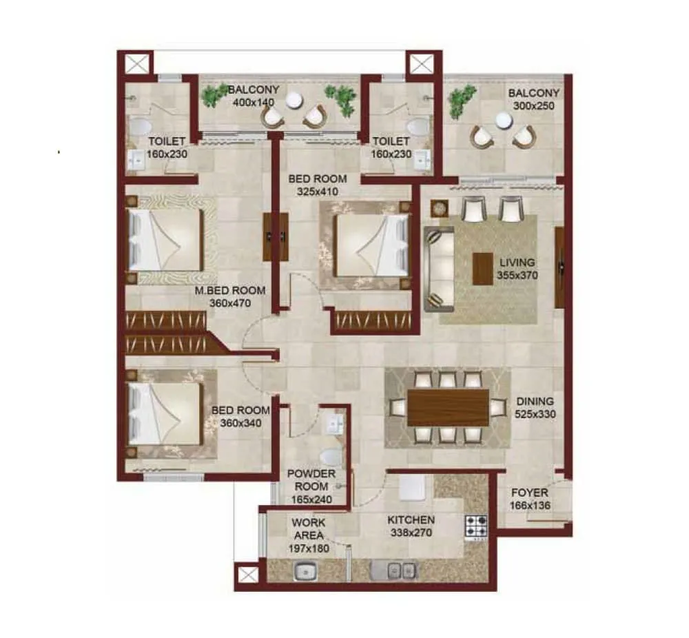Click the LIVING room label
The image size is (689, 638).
517,263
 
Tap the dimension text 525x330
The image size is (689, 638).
534,414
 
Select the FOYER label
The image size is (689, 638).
529,493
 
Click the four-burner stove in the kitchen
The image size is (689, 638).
476,527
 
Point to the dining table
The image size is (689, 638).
448,407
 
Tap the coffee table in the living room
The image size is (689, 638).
483,268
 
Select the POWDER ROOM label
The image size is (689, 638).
311,480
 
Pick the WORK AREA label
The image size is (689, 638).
308,529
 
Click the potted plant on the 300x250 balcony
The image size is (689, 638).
462,101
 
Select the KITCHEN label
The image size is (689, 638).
410,520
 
